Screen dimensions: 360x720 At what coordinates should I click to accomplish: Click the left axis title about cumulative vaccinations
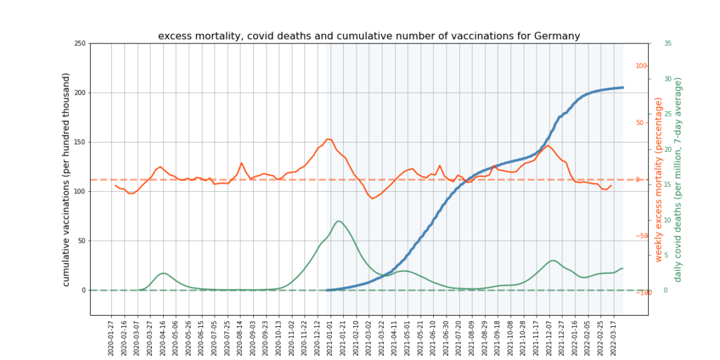[x=67, y=179]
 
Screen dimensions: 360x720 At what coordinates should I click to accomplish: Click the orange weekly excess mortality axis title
[x=660, y=180]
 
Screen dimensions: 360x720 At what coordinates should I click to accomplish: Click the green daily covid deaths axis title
[x=679, y=180]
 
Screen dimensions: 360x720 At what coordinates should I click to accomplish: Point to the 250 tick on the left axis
[x=79, y=44]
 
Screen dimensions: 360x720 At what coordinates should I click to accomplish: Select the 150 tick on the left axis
[x=79, y=142]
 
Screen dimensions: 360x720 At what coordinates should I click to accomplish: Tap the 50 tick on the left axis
[x=82, y=240]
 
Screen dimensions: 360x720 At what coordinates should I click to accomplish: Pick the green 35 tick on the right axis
[x=667, y=44]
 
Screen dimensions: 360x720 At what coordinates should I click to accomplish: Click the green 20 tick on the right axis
[x=667, y=149]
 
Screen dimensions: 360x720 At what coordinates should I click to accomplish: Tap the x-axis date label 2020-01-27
[x=111, y=337]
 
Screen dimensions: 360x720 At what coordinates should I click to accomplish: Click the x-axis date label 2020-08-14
[x=240, y=337]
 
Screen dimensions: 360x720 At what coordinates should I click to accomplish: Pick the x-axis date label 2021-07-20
[x=459, y=337]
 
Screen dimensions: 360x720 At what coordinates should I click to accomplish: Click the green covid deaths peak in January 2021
[x=339, y=221]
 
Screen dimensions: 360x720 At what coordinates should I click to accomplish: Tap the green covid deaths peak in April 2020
[x=163, y=273]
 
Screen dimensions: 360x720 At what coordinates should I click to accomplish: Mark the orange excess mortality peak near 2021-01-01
[x=328, y=139]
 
